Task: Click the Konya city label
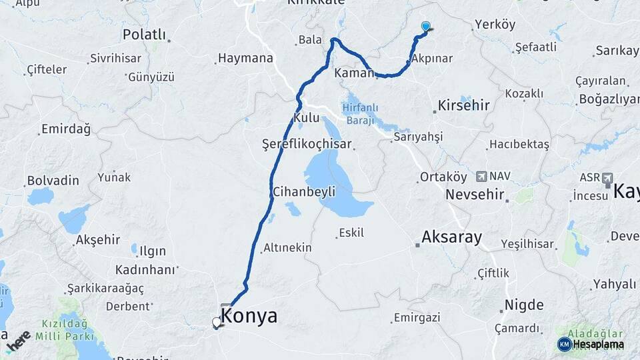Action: pyautogui.click(x=249, y=316)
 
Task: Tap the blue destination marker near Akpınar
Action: pyautogui.click(x=426, y=27)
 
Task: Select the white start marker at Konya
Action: pyautogui.click(x=216, y=323)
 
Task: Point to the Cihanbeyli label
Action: pyautogui.click(x=303, y=192)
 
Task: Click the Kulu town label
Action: pyautogui.click(x=307, y=118)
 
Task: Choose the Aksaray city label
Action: pyautogui.click(x=452, y=237)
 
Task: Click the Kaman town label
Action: pyautogui.click(x=353, y=72)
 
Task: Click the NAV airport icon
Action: pyautogui.click(x=481, y=177)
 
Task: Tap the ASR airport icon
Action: pyautogui.click(x=607, y=178)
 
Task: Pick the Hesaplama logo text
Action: pyautogui.click(x=598, y=345)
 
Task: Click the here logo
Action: pyautogui.click(x=19, y=340)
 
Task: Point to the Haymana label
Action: pyautogui.click(x=246, y=58)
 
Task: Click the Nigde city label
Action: pyautogui.click(x=523, y=305)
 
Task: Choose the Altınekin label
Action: pyautogui.click(x=287, y=247)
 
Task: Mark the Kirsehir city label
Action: pyautogui.click(x=463, y=105)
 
